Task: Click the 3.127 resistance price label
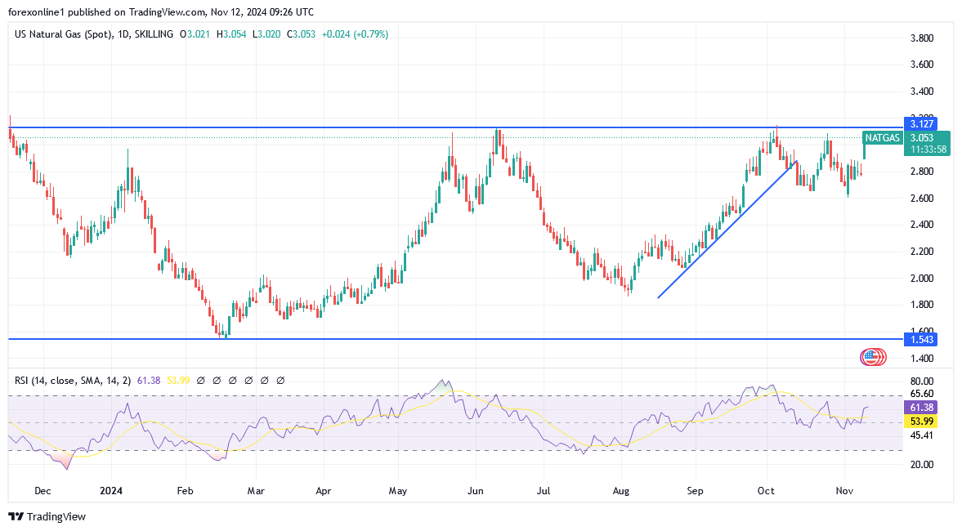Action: click(x=922, y=124)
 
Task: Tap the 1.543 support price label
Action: click(x=921, y=339)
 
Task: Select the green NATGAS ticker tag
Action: click(x=883, y=138)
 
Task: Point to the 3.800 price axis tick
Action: click(x=923, y=38)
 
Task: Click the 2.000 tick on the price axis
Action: click(x=923, y=278)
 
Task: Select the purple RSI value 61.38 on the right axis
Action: click(x=921, y=407)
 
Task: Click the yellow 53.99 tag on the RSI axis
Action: click(x=921, y=422)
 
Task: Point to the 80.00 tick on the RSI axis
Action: click(x=921, y=382)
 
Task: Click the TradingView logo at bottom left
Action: click(x=47, y=516)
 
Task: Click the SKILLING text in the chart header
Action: click(x=154, y=34)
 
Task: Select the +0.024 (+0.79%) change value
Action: click(x=356, y=34)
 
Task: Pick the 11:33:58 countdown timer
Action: click(x=929, y=149)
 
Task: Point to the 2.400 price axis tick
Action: click(x=923, y=225)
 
